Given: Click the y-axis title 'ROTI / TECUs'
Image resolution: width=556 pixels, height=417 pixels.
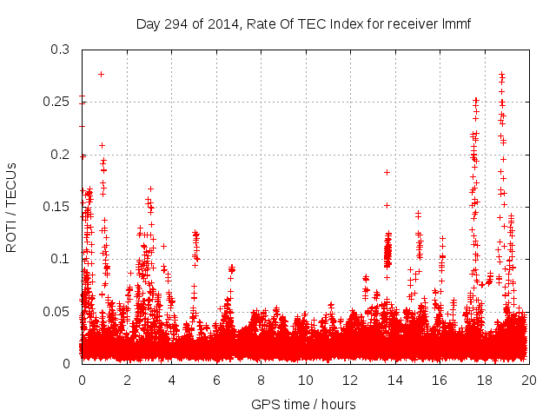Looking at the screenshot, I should (11, 207).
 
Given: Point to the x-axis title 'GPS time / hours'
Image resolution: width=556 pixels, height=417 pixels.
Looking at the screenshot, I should (303, 404).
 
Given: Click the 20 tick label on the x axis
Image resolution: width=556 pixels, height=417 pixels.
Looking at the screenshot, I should (528, 381).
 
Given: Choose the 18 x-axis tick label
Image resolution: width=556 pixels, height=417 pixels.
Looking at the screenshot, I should (484, 381).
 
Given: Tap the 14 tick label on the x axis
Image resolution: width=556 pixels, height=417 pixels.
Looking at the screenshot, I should (394, 381).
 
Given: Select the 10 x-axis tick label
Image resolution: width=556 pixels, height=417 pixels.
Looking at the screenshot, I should (305, 381).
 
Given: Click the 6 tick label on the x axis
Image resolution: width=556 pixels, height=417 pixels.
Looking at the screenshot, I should (215, 381).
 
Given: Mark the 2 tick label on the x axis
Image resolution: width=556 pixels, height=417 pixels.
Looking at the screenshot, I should (126, 381).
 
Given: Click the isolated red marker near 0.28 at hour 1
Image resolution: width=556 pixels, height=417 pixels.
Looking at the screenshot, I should (102, 74).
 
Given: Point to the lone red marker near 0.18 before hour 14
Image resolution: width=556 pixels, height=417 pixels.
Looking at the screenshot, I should (387, 172).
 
